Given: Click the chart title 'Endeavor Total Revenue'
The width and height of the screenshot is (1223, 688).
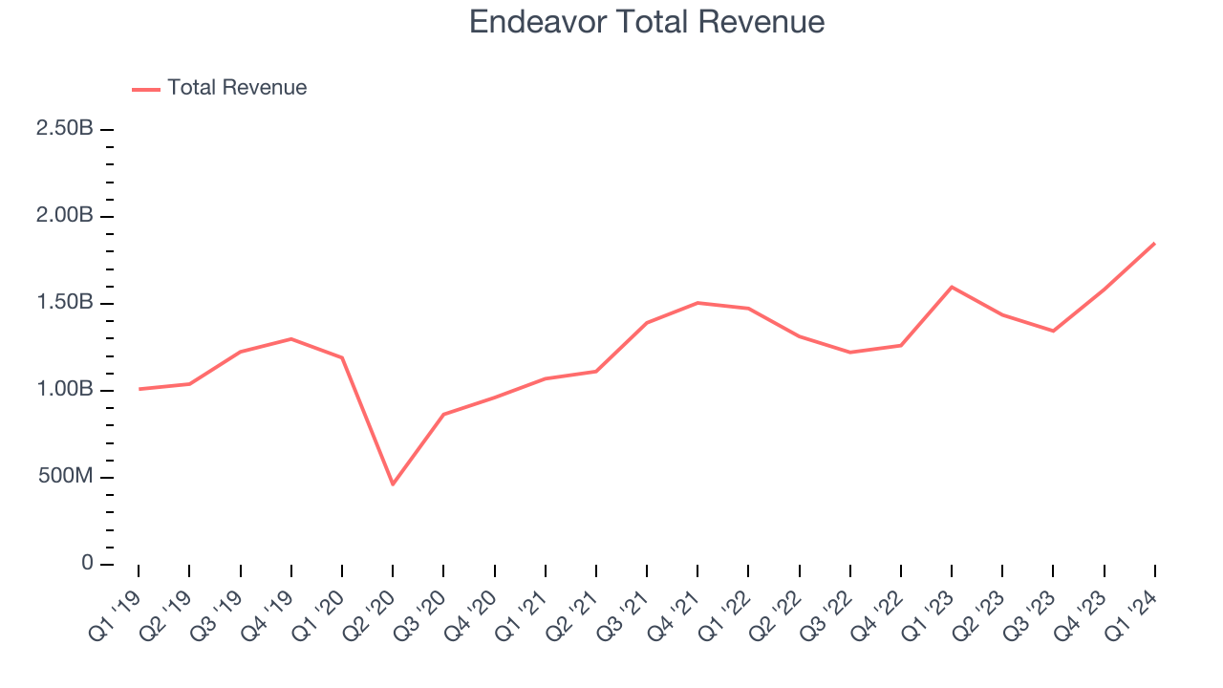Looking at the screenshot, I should (647, 22).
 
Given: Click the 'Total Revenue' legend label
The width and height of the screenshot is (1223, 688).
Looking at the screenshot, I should (237, 88).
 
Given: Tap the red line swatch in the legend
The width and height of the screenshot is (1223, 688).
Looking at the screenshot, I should (146, 89).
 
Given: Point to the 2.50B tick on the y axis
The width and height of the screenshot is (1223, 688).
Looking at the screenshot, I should (64, 129).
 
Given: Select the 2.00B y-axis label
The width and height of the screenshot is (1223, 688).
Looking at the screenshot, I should (64, 216).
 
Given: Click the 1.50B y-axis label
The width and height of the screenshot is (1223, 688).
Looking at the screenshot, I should (64, 303).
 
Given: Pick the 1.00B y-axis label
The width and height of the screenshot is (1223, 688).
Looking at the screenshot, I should (64, 390).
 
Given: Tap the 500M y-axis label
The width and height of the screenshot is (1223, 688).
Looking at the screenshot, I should (64, 477).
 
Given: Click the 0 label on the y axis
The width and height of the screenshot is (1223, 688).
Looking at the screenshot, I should (87, 564).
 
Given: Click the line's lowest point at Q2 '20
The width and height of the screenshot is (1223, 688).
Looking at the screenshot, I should (393, 484).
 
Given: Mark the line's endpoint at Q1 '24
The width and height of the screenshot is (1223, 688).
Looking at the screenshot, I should (1154, 243).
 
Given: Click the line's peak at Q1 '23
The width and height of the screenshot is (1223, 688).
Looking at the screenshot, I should (952, 287).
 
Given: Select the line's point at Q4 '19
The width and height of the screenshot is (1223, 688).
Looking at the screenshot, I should (290, 338).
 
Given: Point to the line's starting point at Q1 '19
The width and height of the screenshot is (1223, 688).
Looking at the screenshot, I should (139, 389).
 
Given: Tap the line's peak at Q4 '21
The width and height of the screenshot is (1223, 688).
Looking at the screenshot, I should (697, 302).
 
